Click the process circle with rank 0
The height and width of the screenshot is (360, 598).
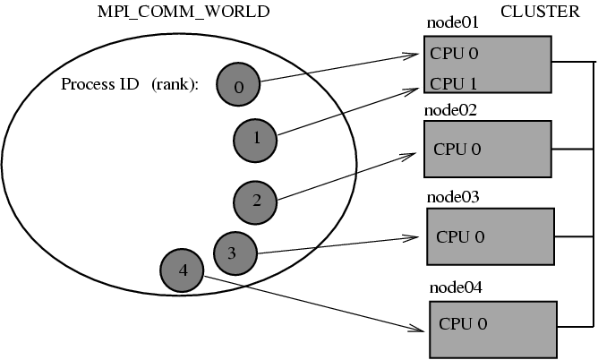click(x=237, y=86)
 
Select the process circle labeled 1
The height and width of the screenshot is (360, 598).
click(x=256, y=138)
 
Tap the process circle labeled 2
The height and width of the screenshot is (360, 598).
click(x=256, y=201)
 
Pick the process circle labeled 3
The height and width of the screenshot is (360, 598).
click(x=232, y=253)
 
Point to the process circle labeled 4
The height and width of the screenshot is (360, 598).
click(x=183, y=270)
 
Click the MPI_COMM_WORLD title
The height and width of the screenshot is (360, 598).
click(x=183, y=12)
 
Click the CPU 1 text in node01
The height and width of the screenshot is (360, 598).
click(x=454, y=83)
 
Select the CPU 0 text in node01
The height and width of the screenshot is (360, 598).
click(x=454, y=53)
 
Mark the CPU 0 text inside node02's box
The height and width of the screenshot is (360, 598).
click(x=457, y=149)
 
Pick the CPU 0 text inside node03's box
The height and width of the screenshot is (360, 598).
click(x=460, y=236)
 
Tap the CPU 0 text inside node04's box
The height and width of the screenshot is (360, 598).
click(x=463, y=322)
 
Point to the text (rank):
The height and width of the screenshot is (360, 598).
click(x=175, y=84)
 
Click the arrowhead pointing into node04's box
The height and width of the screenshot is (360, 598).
click(x=421, y=330)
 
